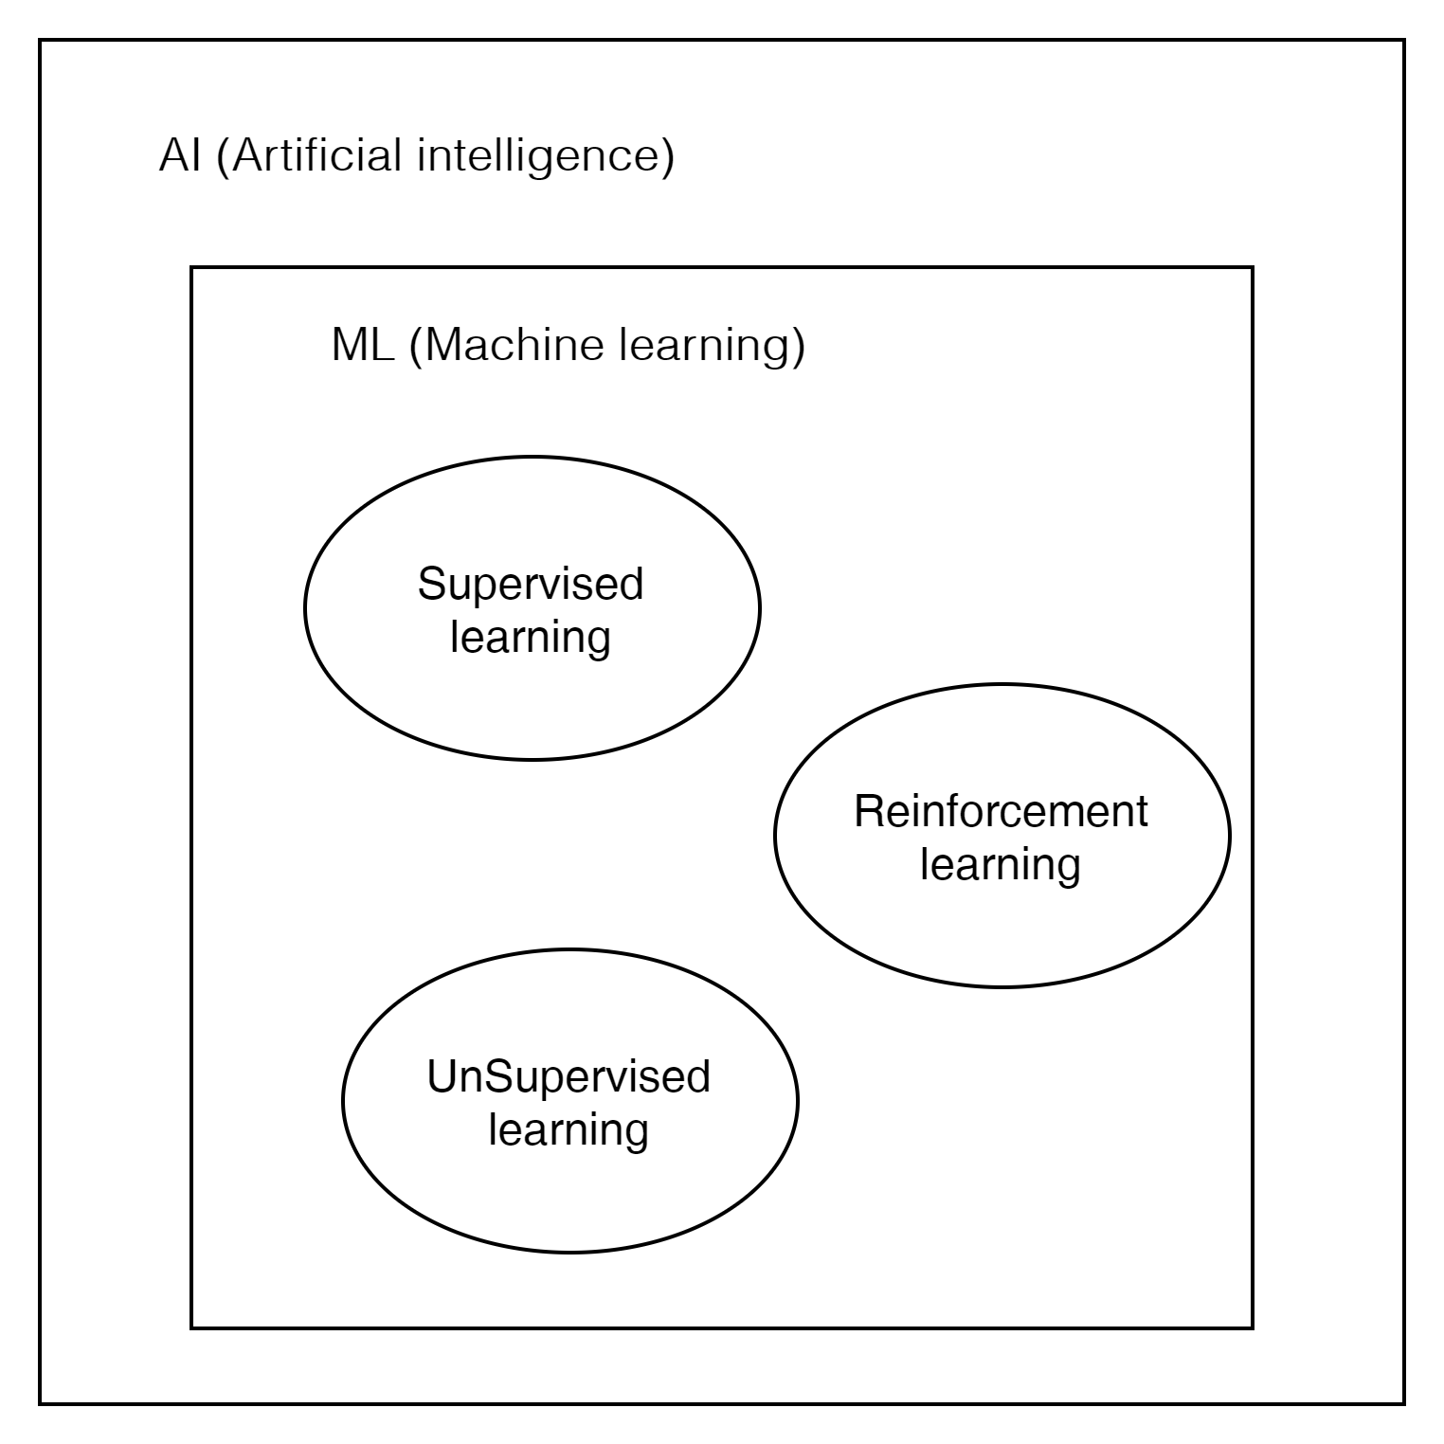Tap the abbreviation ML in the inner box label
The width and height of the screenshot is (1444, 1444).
(x=363, y=345)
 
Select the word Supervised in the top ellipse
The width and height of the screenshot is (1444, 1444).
(x=531, y=584)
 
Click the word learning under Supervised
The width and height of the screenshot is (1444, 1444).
(x=531, y=637)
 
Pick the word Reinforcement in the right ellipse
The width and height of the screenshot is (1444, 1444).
(x=1001, y=812)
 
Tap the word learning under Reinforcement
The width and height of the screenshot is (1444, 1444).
(x=1001, y=865)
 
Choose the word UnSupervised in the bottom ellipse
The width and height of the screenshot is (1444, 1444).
(x=569, y=1077)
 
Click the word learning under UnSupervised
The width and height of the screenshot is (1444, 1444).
(x=569, y=1130)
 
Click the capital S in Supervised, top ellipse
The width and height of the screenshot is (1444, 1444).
(x=430, y=584)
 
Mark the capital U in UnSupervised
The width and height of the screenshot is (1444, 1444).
(x=442, y=1077)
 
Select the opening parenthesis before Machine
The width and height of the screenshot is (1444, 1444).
(x=415, y=346)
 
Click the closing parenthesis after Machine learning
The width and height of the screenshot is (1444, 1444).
(x=798, y=346)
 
